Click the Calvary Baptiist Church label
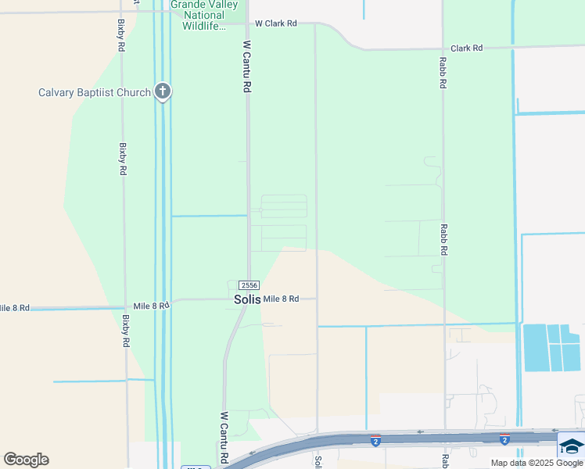click(94, 93)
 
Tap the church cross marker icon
click(163, 92)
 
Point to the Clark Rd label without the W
click(466, 48)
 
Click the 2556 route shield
click(249, 285)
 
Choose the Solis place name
click(248, 299)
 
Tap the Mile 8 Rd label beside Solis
click(282, 299)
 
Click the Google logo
click(26, 460)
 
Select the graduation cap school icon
click(572, 446)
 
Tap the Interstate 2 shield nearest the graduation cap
click(505, 440)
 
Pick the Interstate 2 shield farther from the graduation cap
click(376, 440)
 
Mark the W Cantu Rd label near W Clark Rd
click(246, 67)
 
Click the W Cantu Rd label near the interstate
click(224, 438)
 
